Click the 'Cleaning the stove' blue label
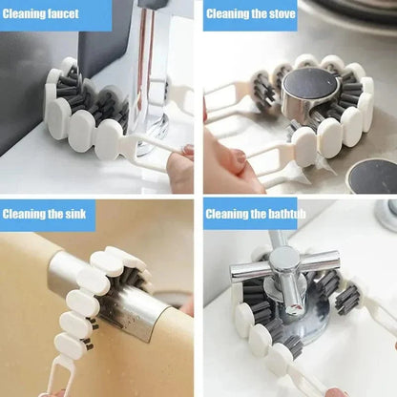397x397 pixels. (250, 14)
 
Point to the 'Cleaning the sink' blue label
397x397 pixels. (48, 214)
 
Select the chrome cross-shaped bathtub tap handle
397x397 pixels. (284, 267)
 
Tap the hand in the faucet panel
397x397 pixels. (180, 168)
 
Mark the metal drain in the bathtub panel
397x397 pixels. (387, 215)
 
